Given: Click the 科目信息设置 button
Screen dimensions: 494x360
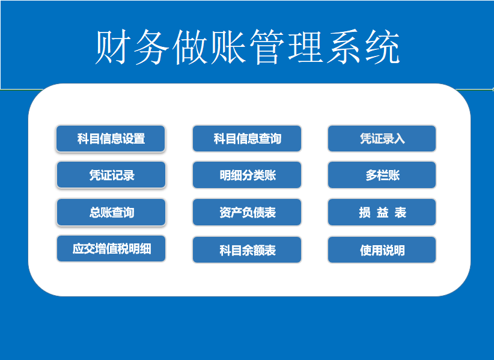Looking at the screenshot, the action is pyautogui.click(x=111, y=139).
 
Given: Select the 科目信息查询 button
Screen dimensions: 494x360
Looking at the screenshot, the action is pyautogui.click(x=247, y=139).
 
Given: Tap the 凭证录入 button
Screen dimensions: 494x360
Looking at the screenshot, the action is pyautogui.click(x=382, y=139).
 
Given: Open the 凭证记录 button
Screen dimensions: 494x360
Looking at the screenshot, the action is pyautogui.click(x=111, y=175).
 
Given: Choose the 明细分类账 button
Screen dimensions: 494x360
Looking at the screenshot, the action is pyautogui.click(x=247, y=175).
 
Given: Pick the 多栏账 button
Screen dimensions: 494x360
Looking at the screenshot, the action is pyautogui.click(x=382, y=175).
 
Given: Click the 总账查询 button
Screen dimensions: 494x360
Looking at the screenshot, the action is pyautogui.click(x=111, y=212).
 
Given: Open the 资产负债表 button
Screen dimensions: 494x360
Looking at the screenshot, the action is pyautogui.click(x=247, y=212).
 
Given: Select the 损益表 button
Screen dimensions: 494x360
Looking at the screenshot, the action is pyautogui.click(x=382, y=212).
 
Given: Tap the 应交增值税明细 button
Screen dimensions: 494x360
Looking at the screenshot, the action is pyautogui.click(x=111, y=248).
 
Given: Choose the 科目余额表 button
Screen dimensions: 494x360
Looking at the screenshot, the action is pyautogui.click(x=247, y=250).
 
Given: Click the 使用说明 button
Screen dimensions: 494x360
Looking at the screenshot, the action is pyautogui.click(x=382, y=250).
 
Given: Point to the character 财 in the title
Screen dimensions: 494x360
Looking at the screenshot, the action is pyautogui.click(x=113, y=47).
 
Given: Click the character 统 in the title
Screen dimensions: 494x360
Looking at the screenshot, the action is pyautogui.click(x=382, y=47).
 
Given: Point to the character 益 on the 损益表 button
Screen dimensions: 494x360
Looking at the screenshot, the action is pyautogui.click(x=382, y=213).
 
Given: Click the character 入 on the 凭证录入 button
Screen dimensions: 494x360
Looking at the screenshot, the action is pyautogui.click(x=399, y=139).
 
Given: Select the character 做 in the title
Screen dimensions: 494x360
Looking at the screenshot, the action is pyautogui.click(x=190, y=47).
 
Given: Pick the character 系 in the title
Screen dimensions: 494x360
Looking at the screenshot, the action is pyautogui.click(x=344, y=47).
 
